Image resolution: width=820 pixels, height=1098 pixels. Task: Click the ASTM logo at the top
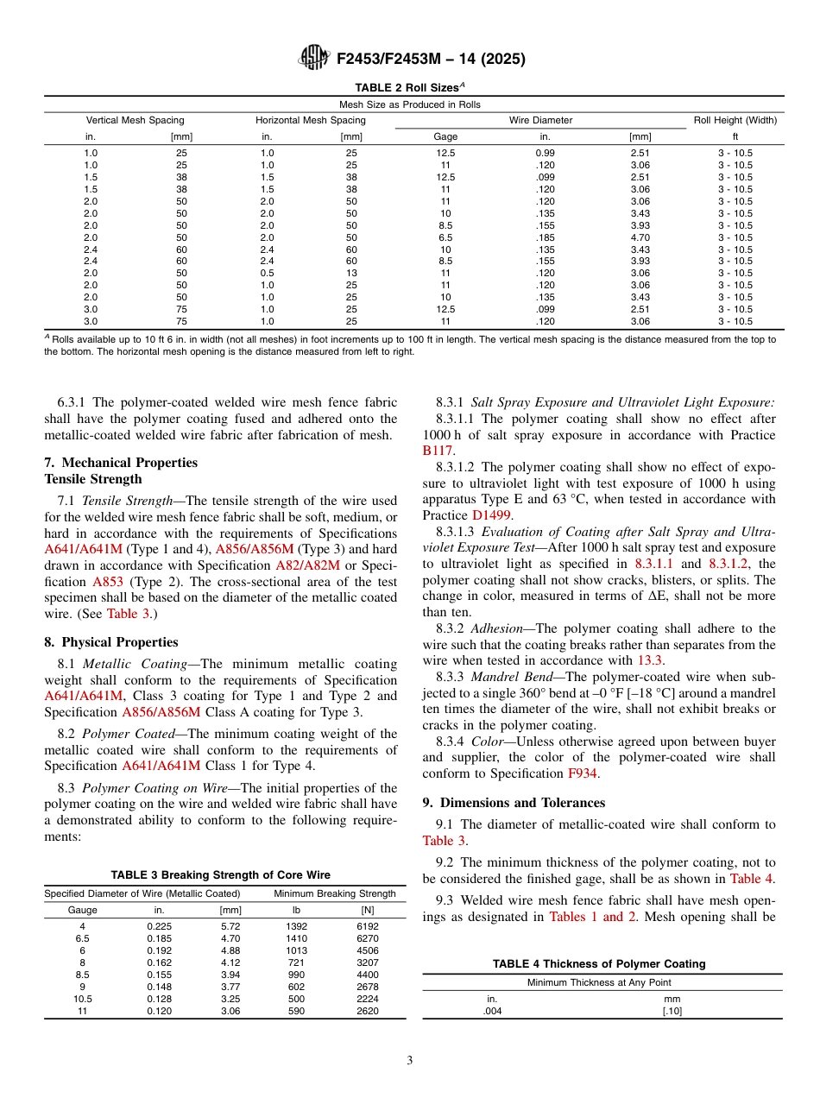[x=313, y=58]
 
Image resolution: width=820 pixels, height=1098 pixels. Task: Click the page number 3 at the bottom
[x=409, y=1061]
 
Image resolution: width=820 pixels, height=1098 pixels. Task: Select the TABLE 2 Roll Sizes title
[x=410, y=87]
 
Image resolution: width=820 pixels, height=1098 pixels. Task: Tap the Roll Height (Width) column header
[x=735, y=120]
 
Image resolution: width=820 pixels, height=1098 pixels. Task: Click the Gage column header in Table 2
[x=445, y=136]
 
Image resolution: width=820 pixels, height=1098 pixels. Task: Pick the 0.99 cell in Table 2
[x=545, y=153]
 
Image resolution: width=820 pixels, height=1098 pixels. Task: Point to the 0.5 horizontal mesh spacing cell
[x=267, y=273]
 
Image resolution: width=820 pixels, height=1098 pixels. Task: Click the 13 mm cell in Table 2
[x=351, y=273]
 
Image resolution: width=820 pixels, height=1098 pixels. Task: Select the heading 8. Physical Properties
[x=111, y=642]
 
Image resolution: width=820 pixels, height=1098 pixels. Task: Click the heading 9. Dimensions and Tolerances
[x=514, y=803]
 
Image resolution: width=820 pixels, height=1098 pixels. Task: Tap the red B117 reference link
[x=438, y=451]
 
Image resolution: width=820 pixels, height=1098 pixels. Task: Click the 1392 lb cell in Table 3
[x=295, y=926]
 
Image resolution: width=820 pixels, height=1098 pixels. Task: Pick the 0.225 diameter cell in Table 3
[x=159, y=926]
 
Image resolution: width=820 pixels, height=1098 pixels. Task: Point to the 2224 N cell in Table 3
[x=367, y=999]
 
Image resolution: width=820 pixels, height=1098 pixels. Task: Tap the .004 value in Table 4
[x=492, y=1011]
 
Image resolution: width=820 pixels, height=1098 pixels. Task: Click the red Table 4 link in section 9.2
[x=752, y=879]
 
